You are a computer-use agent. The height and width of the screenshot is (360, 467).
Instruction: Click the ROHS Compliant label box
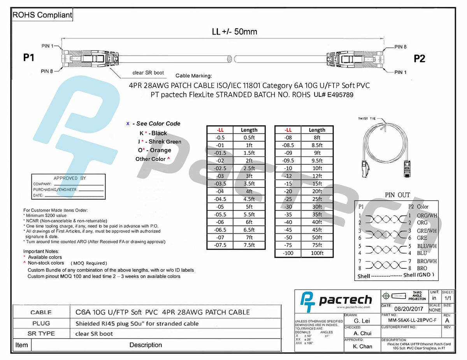coord(42,15)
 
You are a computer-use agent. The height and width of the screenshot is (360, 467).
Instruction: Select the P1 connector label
coord(29,58)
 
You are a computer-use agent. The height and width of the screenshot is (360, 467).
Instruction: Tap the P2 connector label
coord(419,59)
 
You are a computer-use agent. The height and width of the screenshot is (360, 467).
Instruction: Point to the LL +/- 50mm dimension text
coord(234,31)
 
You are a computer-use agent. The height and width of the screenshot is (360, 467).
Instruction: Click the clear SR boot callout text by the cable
coord(148,73)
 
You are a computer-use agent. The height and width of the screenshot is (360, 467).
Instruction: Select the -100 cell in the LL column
coord(288,253)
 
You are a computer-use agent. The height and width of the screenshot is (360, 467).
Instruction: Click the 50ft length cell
coord(317,237)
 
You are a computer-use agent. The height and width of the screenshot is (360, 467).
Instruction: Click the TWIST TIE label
coord(367,119)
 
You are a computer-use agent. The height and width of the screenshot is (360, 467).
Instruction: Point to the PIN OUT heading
coord(397,195)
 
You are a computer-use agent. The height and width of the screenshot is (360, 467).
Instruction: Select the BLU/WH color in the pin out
coord(427,246)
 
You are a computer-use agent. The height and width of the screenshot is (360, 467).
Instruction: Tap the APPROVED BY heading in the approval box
coord(70,178)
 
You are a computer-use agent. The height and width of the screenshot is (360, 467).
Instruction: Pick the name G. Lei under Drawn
coord(362,321)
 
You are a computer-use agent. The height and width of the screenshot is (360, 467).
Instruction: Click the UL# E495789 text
coord(334,94)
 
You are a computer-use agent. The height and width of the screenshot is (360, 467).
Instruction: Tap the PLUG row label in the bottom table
coord(41,323)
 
